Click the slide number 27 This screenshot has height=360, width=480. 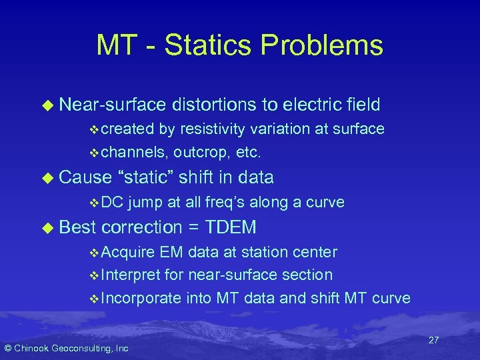(x=433, y=340)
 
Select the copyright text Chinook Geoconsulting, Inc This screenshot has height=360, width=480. (x=67, y=349)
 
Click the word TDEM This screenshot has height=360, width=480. (x=231, y=227)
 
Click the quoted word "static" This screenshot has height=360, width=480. (x=146, y=177)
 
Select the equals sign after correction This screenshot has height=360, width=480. (x=193, y=227)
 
